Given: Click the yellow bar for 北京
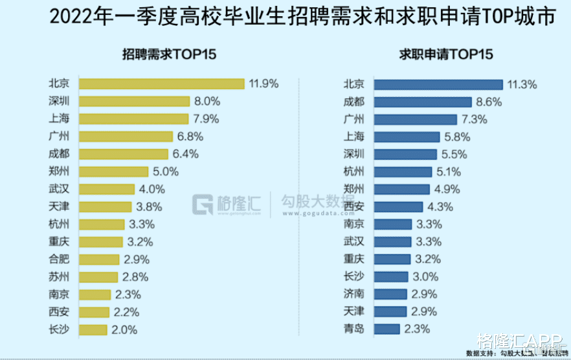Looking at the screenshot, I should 161,84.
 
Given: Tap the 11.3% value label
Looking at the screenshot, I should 522,84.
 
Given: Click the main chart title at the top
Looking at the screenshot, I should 285,17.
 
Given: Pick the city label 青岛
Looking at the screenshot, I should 353,329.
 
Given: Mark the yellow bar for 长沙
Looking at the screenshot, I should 93,330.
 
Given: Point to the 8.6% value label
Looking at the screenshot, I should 490,102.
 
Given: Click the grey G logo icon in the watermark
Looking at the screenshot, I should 203,205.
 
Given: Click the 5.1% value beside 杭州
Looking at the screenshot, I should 449,172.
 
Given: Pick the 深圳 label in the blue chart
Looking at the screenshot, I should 353,154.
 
